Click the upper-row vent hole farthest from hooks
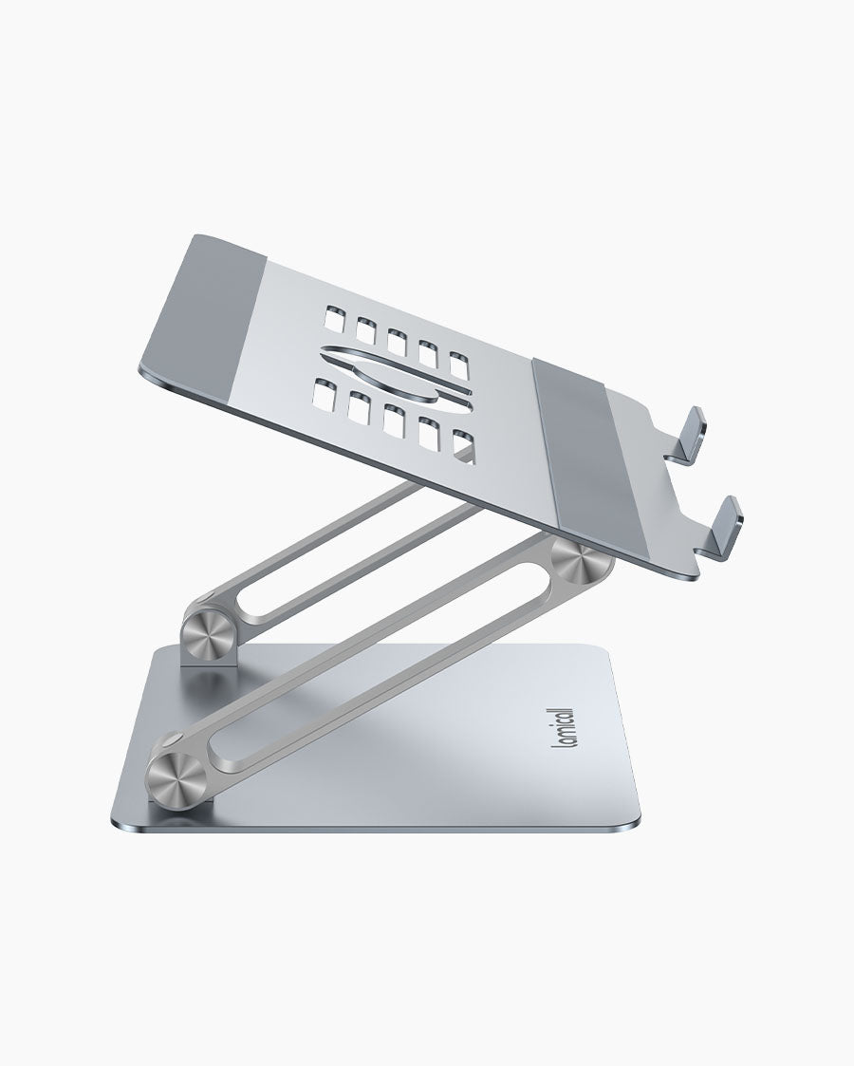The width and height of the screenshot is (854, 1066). coord(333,316)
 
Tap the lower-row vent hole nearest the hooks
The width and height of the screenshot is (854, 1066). coord(462,445)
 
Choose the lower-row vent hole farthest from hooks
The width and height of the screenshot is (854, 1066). coord(325,391)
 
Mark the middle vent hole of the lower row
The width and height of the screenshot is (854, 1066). coord(394,419)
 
